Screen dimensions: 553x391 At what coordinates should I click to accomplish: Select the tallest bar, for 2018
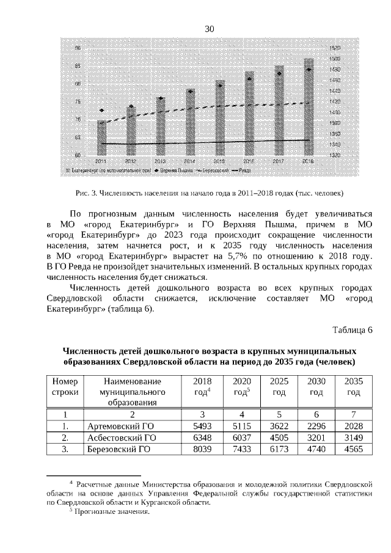coord(309,107)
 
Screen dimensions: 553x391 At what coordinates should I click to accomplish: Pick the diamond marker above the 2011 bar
coord(101,111)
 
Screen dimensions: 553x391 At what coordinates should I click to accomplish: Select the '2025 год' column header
coord(279,386)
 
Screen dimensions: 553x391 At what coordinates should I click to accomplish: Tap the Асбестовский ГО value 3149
coord(353,438)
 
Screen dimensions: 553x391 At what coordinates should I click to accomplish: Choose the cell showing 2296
coord(316,425)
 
